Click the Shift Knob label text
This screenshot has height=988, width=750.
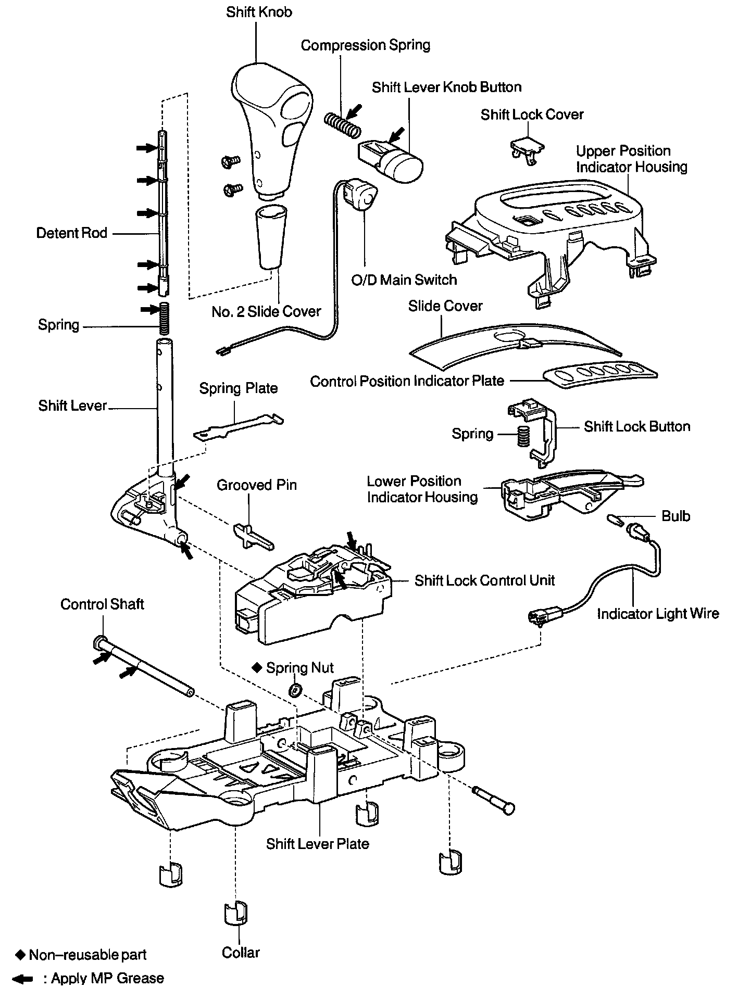(x=259, y=12)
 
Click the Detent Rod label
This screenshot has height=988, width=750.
(x=71, y=233)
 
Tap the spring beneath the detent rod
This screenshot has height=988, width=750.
(x=165, y=319)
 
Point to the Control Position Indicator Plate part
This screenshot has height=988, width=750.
(x=599, y=374)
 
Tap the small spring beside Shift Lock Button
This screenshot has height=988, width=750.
(x=522, y=435)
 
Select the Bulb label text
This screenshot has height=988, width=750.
(x=676, y=516)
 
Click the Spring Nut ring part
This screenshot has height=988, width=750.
(x=295, y=690)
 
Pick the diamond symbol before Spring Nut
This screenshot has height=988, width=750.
(x=256, y=667)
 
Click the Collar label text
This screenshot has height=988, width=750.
(x=240, y=953)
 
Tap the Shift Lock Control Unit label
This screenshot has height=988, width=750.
(x=484, y=580)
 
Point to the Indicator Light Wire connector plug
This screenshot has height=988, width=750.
(x=540, y=617)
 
